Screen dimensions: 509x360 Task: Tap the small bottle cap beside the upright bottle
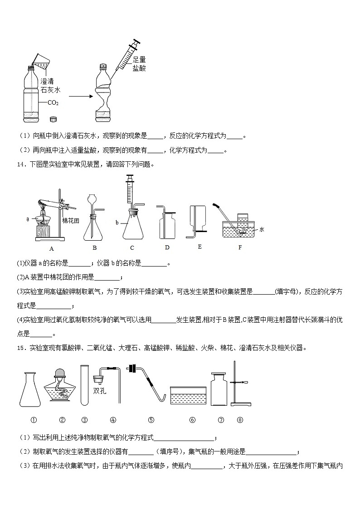point(54,119)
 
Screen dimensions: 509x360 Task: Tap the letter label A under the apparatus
point(51,248)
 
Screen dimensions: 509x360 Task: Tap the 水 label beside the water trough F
point(262,229)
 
